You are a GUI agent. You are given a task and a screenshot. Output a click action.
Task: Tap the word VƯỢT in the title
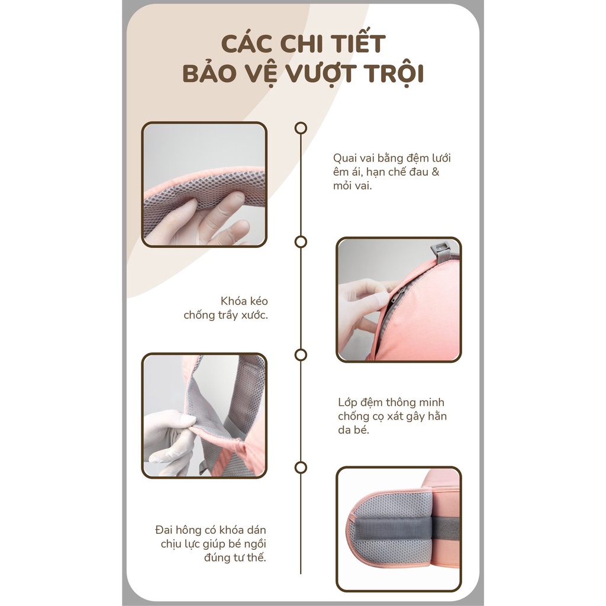(x=314, y=75)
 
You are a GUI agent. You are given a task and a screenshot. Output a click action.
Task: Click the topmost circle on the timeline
(x=301, y=128)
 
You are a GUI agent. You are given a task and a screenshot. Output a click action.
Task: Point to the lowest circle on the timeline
(x=301, y=468)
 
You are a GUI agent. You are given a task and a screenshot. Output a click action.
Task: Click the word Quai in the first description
(x=346, y=158)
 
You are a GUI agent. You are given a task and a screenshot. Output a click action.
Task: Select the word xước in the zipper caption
(x=253, y=315)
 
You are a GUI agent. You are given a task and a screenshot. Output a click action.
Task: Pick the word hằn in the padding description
(x=436, y=416)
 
